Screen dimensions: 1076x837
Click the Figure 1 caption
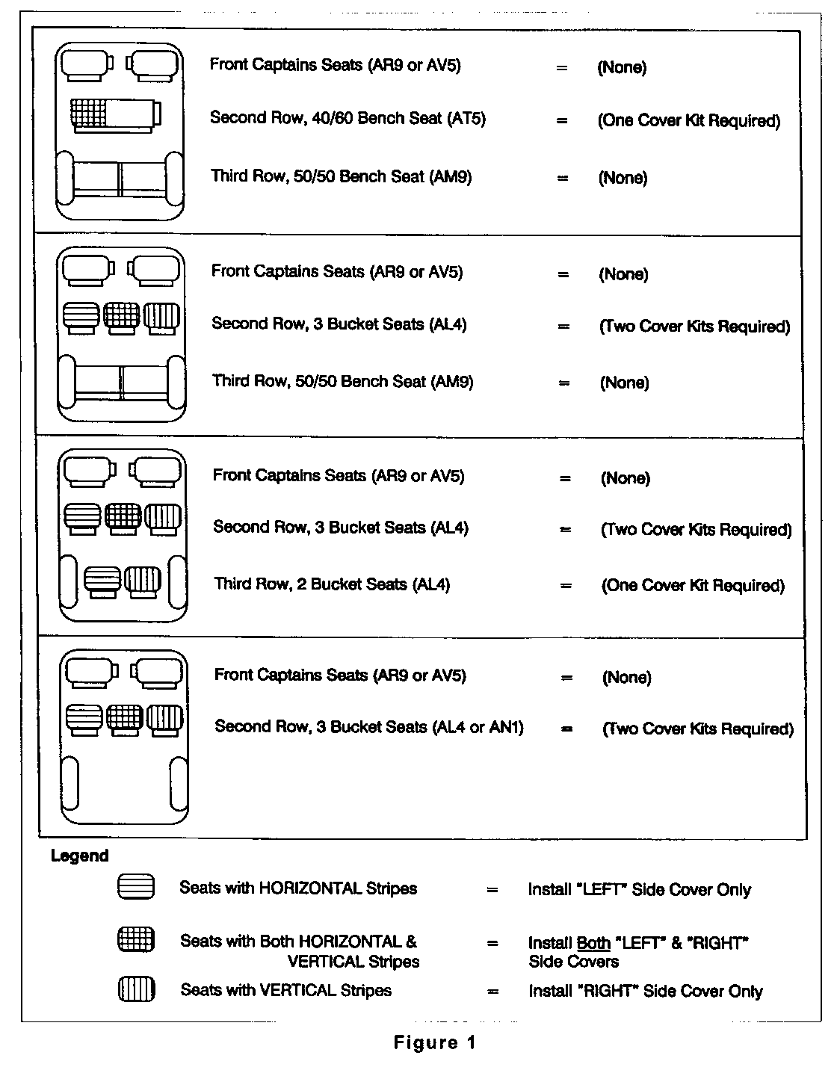point(434,1042)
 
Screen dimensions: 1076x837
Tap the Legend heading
point(79,856)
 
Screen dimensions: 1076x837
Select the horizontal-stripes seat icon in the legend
point(136,887)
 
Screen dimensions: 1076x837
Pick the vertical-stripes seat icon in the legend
point(136,989)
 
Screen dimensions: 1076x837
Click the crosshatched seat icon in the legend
point(136,939)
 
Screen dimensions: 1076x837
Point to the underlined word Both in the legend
point(593,944)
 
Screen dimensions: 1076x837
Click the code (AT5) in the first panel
point(466,119)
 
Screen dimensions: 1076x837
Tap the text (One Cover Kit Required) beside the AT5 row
point(688,120)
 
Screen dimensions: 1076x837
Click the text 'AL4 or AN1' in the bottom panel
point(478,727)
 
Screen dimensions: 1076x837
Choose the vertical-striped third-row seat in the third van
point(142,580)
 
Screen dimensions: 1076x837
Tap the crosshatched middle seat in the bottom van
point(125,718)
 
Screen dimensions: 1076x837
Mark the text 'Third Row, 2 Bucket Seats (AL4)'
point(332,584)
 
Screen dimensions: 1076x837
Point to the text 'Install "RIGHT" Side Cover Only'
point(645,992)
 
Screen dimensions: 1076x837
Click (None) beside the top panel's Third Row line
point(623,178)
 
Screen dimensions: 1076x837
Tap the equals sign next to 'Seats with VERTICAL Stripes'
point(492,992)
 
